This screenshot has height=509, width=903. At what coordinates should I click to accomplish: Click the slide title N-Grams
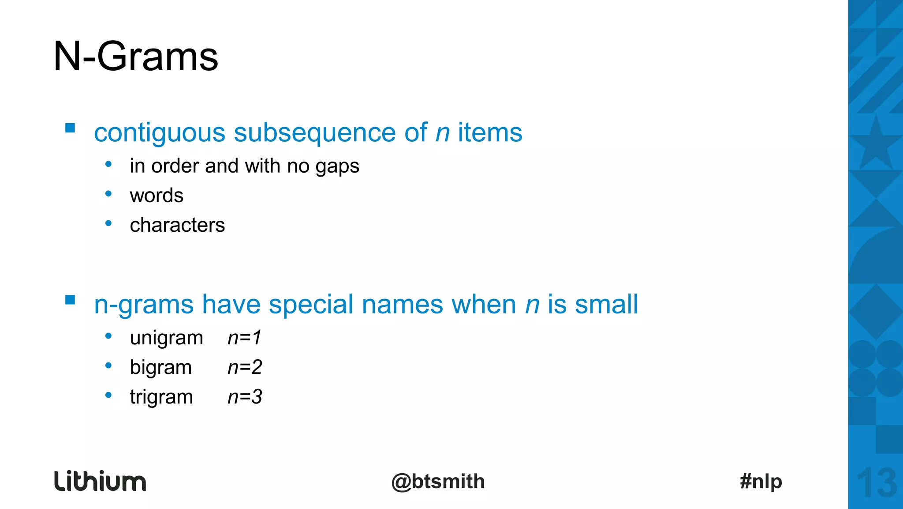pos(135,57)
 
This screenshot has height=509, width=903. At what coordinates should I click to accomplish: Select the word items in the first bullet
pos(490,132)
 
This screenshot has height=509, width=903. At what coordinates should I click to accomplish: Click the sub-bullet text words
pos(157,196)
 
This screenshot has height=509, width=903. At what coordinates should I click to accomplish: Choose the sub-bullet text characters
pos(177,225)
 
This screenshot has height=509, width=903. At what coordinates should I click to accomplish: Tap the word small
pos(606,304)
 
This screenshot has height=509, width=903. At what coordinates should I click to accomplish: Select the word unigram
pos(166,338)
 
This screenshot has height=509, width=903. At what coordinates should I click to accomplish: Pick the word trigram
pos(161,397)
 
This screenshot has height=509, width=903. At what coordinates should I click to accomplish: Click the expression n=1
pos(245,338)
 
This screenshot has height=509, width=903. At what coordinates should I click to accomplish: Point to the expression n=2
pos(245,367)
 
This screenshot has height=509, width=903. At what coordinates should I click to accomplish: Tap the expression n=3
pos(245,397)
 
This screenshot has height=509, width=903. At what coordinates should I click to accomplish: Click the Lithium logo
pos(100,481)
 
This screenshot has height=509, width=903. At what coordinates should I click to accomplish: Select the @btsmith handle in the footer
pos(438,481)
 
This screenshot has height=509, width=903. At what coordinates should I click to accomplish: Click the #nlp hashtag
pos(761,481)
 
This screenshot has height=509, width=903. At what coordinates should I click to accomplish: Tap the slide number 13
pos(877,483)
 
